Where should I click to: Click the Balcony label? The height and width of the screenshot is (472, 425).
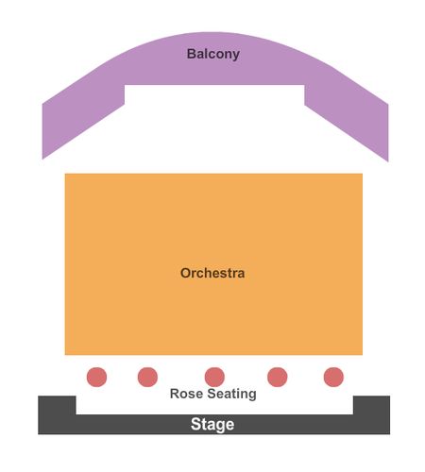click(213, 54)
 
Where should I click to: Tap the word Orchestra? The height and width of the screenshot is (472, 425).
click(212, 273)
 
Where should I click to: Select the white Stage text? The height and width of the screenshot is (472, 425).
click(212, 424)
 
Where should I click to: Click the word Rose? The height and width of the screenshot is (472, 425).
click(186, 394)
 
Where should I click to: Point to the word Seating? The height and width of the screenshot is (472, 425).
click(232, 394)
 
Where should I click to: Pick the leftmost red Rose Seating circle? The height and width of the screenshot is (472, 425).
click(96, 377)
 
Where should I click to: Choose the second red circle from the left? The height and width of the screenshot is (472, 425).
click(147, 377)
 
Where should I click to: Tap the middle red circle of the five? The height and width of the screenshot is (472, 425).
click(214, 377)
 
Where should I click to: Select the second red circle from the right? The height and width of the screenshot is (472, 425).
click(278, 377)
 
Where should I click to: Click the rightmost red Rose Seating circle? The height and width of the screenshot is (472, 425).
click(333, 377)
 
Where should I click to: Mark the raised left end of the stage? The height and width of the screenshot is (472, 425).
click(57, 405)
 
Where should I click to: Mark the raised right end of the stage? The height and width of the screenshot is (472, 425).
click(371, 405)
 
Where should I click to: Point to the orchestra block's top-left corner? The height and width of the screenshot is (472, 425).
click(65, 174)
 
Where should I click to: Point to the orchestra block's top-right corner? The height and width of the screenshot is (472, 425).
click(363, 174)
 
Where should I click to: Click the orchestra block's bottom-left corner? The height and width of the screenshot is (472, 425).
click(65, 355)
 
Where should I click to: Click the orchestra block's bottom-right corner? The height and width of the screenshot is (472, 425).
click(363, 355)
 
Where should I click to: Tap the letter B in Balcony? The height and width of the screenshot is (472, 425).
click(192, 54)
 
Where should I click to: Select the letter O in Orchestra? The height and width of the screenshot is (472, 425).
click(186, 273)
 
